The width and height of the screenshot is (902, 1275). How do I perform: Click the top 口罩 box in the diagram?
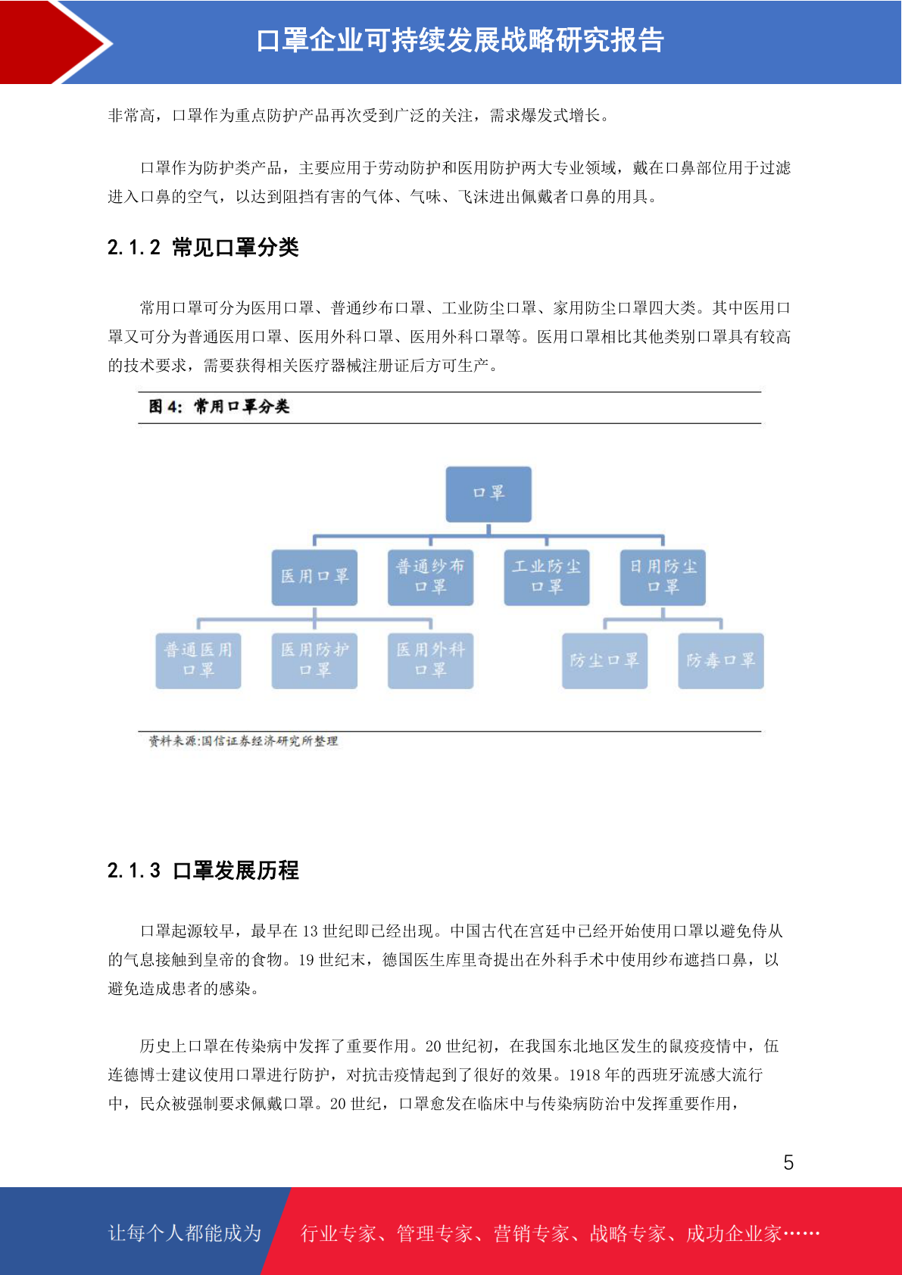click(488, 494)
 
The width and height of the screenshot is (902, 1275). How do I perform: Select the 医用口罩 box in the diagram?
click(314, 577)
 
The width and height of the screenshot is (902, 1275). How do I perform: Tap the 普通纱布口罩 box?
click(430, 577)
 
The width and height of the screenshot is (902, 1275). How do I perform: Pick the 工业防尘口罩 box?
click(547, 577)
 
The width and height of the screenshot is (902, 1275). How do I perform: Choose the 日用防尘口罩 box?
click(663, 577)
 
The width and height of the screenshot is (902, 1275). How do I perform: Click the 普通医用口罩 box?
click(198, 661)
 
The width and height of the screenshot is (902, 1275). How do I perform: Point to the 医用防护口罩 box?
click(314, 661)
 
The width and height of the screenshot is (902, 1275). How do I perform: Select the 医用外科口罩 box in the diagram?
click(430, 661)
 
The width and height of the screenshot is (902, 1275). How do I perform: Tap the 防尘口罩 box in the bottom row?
click(605, 661)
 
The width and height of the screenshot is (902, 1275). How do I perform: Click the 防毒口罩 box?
click(721, 661)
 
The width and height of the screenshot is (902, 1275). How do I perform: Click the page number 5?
click(788, 1162)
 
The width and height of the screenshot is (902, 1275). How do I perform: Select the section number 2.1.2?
click(134, 248)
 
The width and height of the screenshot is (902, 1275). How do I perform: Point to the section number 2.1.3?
click(134, 870)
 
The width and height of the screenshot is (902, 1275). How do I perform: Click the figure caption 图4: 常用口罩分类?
click(219, 407)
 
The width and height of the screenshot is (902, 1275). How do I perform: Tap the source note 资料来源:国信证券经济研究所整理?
click(243, 740)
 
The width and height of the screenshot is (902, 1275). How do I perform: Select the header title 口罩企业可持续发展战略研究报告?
click(460, 40)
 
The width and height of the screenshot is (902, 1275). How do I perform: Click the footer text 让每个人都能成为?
click(185, 1233)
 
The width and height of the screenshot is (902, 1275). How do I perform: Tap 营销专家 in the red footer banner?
click(532, 1233)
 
